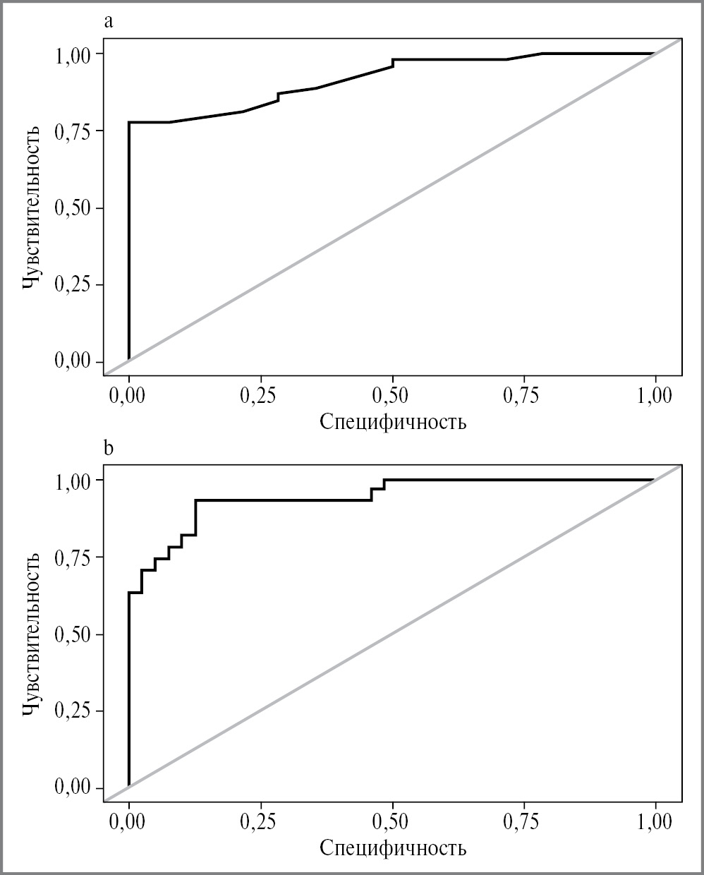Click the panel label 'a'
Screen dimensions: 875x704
tap(108, 22)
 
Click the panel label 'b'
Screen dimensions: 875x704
tap(108, 448)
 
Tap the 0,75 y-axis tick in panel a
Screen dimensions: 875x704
tap(73, 131)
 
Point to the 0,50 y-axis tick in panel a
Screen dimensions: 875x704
tap(73, 208)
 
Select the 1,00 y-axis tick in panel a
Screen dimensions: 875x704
tap(73, 54)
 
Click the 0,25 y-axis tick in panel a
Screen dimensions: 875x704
tap(73, 285)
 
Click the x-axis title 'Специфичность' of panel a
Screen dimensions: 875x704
tap(393, 422)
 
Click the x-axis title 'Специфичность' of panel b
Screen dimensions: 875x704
tap(393, 847)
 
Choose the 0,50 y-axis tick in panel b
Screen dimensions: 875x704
tap(73, 634)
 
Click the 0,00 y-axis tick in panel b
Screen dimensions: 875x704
tap(73, 788)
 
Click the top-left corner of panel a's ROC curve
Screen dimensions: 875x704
tap(129, 122)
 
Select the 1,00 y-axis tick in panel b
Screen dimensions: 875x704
tap(73, 480)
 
